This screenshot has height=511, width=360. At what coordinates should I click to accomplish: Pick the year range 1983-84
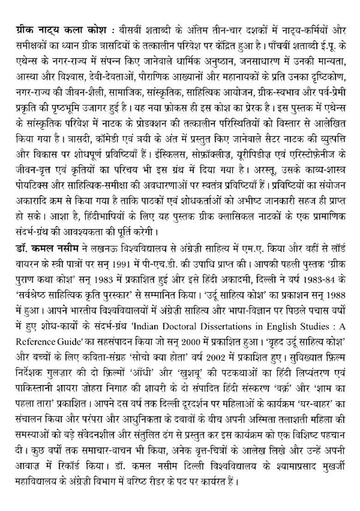pyautogui.click(x=315, y=273)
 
